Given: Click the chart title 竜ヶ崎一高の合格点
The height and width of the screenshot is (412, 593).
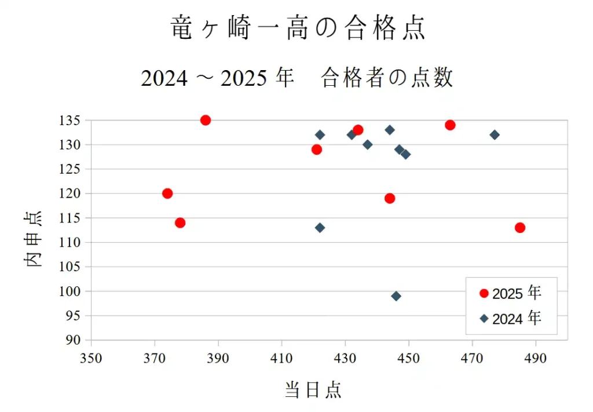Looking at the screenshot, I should pos(298,28).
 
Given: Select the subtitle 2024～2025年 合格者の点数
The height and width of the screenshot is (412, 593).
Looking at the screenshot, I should pos(296,78).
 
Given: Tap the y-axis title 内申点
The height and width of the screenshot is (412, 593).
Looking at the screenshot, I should pos(33,239).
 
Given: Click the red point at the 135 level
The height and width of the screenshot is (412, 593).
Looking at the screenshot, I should pos(206,120).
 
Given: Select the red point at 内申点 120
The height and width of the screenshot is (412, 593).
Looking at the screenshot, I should pos(167,194).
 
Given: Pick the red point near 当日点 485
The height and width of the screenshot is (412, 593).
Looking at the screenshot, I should pos(520,228).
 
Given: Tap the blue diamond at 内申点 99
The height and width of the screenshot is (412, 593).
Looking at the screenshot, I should pos(396,296).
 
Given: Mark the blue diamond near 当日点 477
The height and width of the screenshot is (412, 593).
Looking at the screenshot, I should pos(495,135).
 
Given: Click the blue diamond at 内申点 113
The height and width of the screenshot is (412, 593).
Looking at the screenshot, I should pos(320,228).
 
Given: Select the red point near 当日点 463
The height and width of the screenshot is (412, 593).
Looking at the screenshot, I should pos(450,125).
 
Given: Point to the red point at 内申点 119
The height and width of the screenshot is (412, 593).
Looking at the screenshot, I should pos(390,198).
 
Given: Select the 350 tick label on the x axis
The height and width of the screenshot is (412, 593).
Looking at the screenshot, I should pos(91,358).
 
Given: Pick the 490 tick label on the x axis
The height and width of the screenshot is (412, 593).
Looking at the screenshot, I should pos(536,358).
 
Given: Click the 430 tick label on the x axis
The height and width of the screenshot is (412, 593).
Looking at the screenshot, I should pos(345,358).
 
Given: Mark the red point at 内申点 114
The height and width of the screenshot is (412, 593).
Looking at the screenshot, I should pos(180,223).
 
